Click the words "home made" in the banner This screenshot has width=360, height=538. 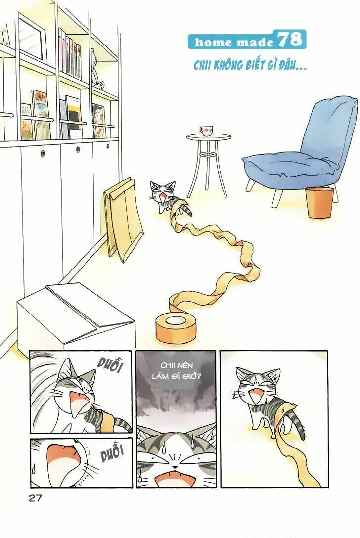(x=234, y=42)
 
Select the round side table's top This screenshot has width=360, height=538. (x=209, y=137)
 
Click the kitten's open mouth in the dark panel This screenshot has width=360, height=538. (x=176, y=477)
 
